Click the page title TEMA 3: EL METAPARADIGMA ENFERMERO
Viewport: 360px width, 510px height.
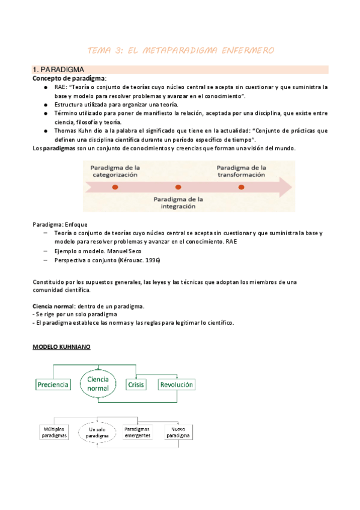[x=180, y=50]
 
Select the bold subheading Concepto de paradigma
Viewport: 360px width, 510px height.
[x=69, y=78]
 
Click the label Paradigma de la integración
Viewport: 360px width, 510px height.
[x=178, y=202]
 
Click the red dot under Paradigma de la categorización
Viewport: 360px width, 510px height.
[x=115, y=187]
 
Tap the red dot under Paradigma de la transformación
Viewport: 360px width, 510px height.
[x=241, y=187]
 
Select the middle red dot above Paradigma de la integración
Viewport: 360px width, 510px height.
[x=178, y=187]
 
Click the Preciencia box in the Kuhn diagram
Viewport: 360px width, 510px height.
[x=53, y=384]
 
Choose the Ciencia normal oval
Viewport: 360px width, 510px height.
[x=98, y=384]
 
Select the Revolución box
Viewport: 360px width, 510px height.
[x=177, y=384]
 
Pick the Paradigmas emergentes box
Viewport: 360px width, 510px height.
[x=137, y=432]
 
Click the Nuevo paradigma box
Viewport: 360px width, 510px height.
[x=178, y=432]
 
